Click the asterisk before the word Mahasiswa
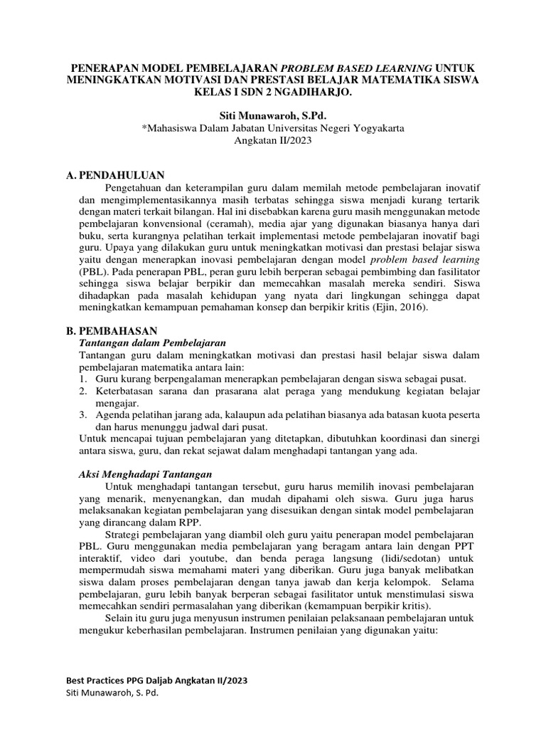pos(144,129)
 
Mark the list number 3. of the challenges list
pos(82,415)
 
